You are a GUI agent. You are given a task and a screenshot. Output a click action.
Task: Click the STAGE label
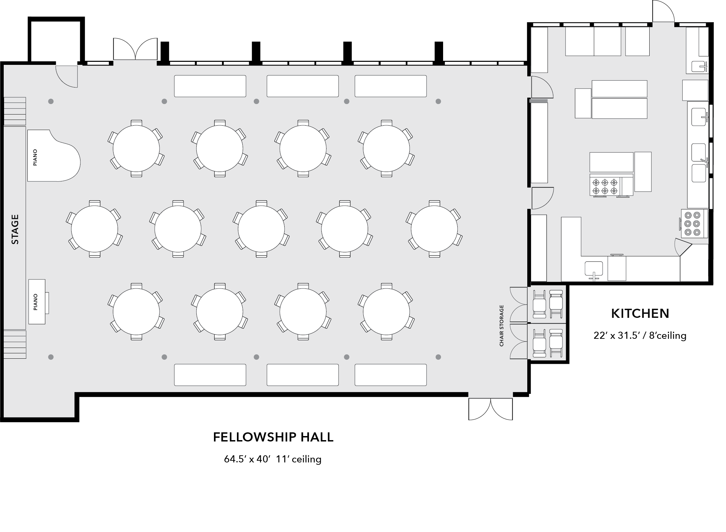click(15, 229)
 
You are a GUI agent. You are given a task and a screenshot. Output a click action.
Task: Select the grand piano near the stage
click(53, 156)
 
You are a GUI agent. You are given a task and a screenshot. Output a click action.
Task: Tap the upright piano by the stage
click(38, 302)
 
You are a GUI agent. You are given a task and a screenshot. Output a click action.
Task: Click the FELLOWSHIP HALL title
click(273, 437)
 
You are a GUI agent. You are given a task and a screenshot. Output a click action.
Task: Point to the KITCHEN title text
click(640, 313)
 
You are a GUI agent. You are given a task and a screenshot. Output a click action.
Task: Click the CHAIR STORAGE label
click(502, 326)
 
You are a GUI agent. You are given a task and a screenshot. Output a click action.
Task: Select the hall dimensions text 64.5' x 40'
click(247, 459)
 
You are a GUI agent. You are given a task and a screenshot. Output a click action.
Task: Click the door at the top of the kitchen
click(663, 11)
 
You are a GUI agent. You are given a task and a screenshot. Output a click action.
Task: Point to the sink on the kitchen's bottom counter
click(594, 270)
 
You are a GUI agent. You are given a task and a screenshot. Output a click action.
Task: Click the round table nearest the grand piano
click(136, 149)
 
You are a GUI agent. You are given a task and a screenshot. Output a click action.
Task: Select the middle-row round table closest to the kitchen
click(434, 229)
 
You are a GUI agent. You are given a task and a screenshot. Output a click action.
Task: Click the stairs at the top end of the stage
click(15, 111)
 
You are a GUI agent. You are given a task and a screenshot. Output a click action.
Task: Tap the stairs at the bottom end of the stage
click(15, 344)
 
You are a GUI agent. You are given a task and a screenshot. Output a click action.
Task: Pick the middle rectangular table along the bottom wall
click(302, 375)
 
